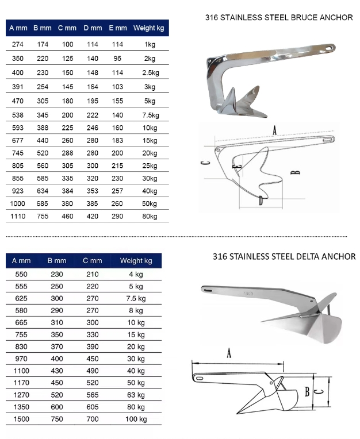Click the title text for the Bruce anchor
[x=279, y=18]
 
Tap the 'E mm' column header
[x=118, y=28]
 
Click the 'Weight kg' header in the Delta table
[x=136, y=261]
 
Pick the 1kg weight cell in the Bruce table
[x=150, y=44]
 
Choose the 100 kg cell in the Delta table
[x=136, y=419]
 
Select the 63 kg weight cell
[x=136, y=395]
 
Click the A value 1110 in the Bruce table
[x=18, y=216]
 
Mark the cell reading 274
[x=18, y=44]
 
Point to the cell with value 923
[x=18, y=191]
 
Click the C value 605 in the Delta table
[x=92, y=407]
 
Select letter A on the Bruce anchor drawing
[x=275, y=130]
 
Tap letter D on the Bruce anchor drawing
[x=261, y=201]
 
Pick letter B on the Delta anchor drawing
[x=308, y=392]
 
